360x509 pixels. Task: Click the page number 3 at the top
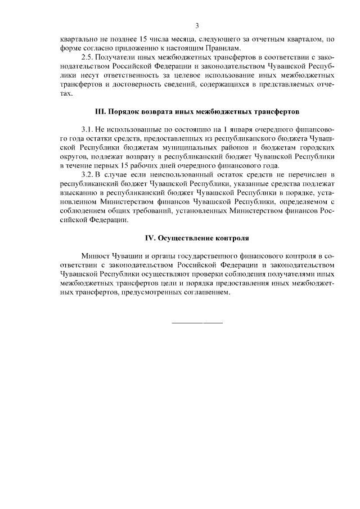point(197,25)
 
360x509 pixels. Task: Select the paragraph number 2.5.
point(88,58)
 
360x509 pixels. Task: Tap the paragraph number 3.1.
point(88,129)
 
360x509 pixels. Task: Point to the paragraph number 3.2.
point(88,175)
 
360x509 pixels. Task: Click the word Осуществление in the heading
point(181,238)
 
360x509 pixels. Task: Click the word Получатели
point(119,58)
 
